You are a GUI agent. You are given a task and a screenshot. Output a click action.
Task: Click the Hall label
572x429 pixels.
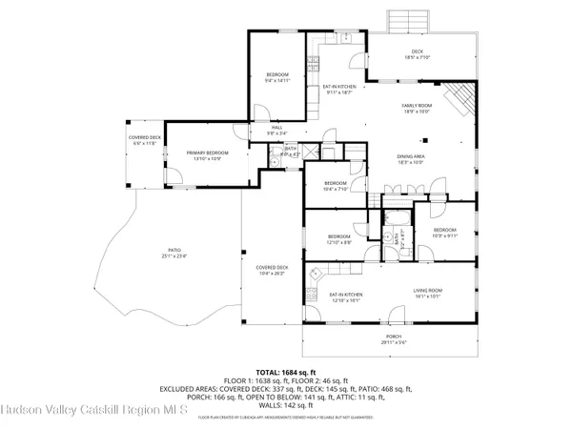pyautogui.click(x=276, y=131)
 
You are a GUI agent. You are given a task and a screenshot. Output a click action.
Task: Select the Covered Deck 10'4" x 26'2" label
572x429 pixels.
pyautogui.click(x=272, y=272)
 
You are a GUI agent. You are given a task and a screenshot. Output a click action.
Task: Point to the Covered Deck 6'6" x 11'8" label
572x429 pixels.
pyautogui.click(x=143, y=141)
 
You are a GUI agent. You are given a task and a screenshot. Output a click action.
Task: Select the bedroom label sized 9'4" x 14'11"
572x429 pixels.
pyautogui.click(x=276, y=77)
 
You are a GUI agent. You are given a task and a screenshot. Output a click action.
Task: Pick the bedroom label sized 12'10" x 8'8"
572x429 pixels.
pyautogui.click(x=339, y=238)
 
